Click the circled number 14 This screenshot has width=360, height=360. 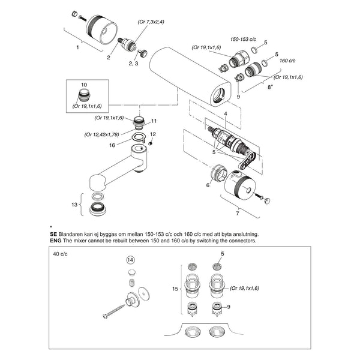130,260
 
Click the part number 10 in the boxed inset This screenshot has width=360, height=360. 84,85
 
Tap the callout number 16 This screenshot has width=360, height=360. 112,145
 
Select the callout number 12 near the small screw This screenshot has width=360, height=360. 153,134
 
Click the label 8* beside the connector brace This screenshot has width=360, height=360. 270,87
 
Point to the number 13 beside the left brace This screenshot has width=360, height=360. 74,205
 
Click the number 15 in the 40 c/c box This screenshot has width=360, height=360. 175,289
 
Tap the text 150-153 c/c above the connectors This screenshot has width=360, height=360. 243,39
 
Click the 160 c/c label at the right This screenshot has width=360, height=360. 287,61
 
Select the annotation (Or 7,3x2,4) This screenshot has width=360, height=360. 151,22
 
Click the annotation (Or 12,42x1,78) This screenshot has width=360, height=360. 102,134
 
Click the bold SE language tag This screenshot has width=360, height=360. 53,235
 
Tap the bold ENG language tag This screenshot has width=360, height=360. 56,241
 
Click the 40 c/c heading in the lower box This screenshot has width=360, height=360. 60,254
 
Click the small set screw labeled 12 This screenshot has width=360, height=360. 151,143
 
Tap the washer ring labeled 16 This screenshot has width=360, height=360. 138,137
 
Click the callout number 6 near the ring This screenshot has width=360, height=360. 208,185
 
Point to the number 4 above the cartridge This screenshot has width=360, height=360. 226,113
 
